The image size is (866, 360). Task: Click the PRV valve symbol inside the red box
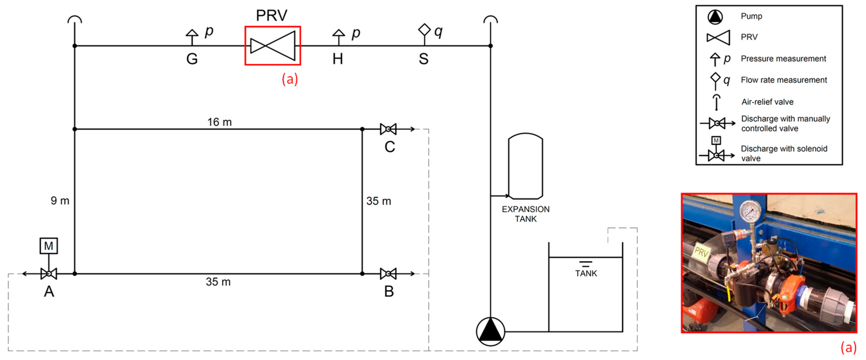click(273, 46)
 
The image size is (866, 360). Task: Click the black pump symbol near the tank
click(490, 331)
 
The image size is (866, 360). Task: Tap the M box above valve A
click(49, 246)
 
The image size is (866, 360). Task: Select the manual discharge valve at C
click(388, 129)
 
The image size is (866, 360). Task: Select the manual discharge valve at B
click(388, 274)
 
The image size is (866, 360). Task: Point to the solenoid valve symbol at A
click(49, 274)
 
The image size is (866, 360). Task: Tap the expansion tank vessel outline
click(525, 166)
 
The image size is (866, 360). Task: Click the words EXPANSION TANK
click(525, 214)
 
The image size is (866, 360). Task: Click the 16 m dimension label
click(220, 122)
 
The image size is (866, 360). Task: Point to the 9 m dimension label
click(60, 201)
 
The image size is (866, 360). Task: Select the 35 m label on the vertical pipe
click(379, 201)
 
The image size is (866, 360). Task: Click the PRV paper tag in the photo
click(701, 252)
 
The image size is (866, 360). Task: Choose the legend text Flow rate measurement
click(784, 80)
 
